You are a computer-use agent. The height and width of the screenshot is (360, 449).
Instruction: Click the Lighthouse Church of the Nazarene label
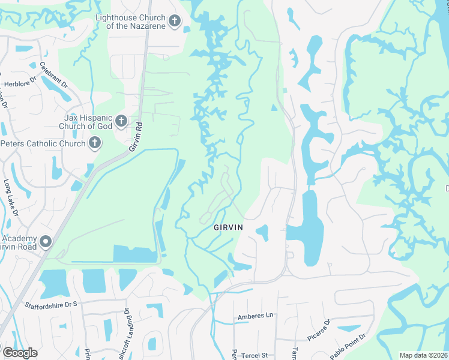(131, 22)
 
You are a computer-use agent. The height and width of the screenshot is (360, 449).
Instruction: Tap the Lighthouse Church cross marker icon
(175, 22)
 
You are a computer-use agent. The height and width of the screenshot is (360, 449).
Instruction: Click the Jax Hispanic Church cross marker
(120, 122)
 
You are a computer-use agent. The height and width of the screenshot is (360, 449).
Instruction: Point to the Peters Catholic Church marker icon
(94, 143)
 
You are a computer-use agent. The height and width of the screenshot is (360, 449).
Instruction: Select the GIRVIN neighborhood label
(229, 228)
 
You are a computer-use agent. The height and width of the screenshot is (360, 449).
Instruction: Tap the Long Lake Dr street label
(10, 197)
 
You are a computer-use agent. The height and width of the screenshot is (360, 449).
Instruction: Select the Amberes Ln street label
(255, 316)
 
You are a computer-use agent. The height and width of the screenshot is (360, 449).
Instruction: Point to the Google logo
(20, 352)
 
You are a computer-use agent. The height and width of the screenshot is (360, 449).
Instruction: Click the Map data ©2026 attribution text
(423, 355)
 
